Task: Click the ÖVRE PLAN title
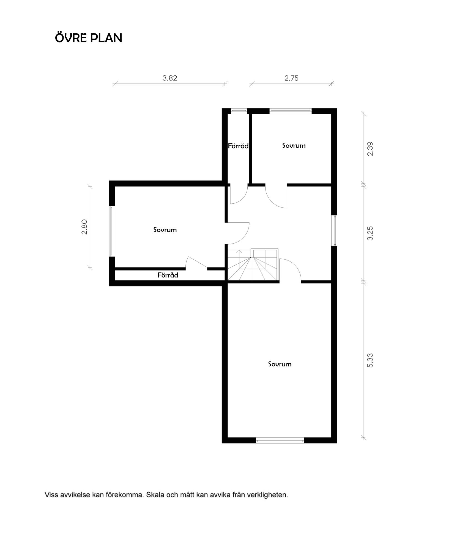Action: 89,38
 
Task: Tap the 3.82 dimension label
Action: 170,78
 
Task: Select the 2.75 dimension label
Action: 291,78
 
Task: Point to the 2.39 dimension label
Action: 370,149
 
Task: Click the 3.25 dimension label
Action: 370,233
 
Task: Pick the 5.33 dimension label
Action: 370,360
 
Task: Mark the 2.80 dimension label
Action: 84,226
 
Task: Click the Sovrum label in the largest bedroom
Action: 280,364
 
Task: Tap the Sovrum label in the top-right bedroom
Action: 294,145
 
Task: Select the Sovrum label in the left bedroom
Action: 165,229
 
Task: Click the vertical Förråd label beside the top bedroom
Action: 238,146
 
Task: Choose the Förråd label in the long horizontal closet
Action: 168,275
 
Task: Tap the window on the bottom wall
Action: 280,440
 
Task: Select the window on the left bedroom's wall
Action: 112,231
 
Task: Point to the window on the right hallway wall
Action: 335,230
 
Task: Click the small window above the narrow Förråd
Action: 239,111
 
